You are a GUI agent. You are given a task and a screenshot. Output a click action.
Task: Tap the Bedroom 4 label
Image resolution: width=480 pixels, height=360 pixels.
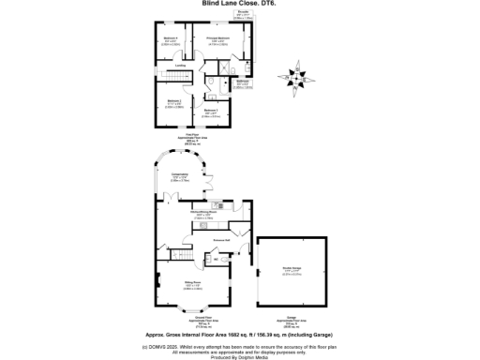point(171,40)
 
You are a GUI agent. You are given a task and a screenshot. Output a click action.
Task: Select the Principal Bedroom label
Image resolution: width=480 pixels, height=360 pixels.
point(219,40)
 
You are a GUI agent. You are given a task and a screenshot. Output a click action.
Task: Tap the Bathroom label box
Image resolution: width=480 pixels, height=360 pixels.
point(242,82)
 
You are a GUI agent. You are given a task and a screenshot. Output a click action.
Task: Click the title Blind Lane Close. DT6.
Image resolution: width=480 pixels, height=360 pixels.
point(239,4)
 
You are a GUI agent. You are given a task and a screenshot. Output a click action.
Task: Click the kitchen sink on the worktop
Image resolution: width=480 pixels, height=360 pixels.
point(215,205)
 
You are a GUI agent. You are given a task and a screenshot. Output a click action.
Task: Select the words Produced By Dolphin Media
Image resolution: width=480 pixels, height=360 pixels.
point(239,356)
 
